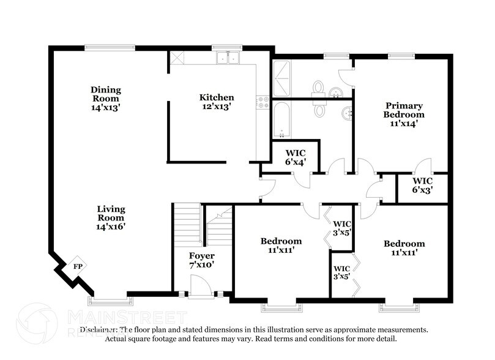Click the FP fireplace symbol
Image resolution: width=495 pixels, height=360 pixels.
pos(77,266)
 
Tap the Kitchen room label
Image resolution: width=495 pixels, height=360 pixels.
pos(216,97)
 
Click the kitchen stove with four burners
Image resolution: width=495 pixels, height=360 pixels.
pos(264,102)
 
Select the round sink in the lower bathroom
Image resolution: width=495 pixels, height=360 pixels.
pos(347,113)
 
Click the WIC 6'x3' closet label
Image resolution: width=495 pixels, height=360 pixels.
pos(422,186)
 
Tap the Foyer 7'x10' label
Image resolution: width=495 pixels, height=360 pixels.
pos(201,260)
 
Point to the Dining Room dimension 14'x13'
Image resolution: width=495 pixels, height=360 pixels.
pos(106,107)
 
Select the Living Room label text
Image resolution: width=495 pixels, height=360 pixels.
pos(111,213)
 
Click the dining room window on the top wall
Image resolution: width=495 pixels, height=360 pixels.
pos(110,47)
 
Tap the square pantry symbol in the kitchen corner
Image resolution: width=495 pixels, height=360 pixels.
pos(177,58)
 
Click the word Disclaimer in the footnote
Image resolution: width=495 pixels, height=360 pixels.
pos(98,329)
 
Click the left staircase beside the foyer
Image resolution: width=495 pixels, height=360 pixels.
pos(187,224)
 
